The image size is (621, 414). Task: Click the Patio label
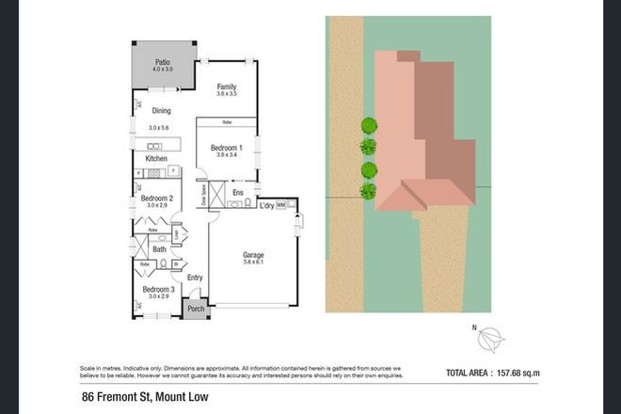[x=165, y=61]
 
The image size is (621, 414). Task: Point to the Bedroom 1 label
[x=227, y=148]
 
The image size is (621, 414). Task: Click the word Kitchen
[x=156, y=158]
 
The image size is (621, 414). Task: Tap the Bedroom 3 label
[x=156, y=289]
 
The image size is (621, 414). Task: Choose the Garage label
[x=253, y=254]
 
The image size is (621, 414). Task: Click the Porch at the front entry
[x=196, y=309]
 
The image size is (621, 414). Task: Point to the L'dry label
[x=265, y=204]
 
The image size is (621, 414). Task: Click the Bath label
[x=159, y=248]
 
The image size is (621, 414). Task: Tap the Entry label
[x=195, y=278]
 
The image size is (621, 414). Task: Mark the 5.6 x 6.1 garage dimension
[x=253, y=263]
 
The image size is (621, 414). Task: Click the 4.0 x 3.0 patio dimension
[x=165, y=70]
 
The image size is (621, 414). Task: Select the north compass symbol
[x=492, y=338]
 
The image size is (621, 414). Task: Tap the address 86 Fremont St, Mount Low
[x=144, y=399]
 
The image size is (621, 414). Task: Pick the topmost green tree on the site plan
[x=368, y=125]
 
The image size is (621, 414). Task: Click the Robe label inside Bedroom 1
[x=227, y=123]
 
